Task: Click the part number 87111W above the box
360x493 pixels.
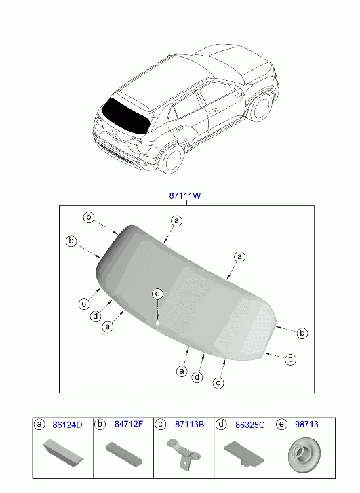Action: (185, 195)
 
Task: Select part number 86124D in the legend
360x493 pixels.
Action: (67, 425)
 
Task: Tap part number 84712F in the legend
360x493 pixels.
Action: (129, 424)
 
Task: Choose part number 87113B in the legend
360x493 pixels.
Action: (189, 425)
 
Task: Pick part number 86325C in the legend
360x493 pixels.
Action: (250, 425)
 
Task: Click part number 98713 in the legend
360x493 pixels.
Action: (306, 424)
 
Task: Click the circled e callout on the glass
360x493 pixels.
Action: (157, 294)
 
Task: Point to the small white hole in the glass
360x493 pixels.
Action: (157, 323)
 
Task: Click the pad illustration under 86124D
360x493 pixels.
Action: (63, 452)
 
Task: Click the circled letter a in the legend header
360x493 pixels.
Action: (39, 425)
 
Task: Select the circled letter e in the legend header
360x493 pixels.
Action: (281, 425)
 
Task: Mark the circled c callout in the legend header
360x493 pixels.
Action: (161, 425)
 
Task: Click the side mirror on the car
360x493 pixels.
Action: (238, 91)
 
